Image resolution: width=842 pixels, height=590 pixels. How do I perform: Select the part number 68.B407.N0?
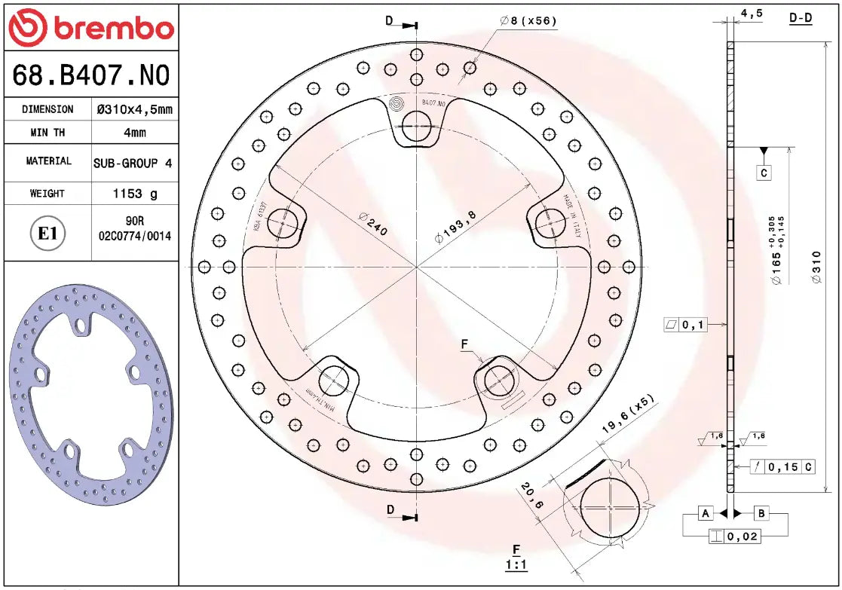click(90, 75)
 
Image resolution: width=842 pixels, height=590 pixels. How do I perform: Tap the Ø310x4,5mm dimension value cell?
click(133, 109)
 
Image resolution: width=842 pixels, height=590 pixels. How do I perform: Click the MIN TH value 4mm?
click(134, 133)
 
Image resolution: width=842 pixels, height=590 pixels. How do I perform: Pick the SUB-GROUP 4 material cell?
click(133, 163)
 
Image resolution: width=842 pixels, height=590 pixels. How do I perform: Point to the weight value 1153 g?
click(134, 194)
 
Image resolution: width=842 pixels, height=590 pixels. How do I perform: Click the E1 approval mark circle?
click(47, 234)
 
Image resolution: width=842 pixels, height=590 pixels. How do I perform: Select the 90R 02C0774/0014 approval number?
click(134, 228)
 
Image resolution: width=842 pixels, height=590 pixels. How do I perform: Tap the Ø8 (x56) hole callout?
click(528, 21)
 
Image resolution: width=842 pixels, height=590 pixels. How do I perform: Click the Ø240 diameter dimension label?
click(372, 225)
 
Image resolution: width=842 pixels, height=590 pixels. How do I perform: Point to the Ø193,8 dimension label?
click(455, 227)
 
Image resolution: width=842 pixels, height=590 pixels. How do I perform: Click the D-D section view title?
click(801, 17)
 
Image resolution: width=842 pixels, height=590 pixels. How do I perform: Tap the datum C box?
click(764, 173)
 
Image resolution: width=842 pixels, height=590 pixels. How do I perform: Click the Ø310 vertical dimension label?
click(816, 266)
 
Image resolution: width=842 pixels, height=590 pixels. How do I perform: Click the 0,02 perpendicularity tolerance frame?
click(735, 537)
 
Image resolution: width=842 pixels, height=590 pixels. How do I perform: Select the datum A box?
click(706, 514)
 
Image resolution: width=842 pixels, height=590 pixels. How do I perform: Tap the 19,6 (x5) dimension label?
click(627, 414)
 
